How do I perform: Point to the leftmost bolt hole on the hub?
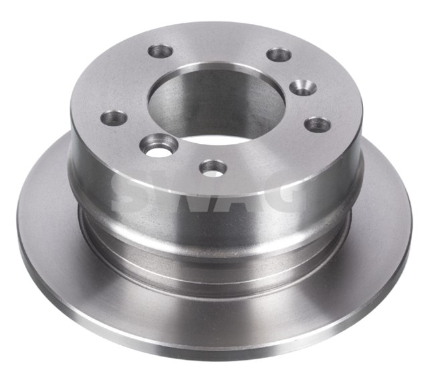114,118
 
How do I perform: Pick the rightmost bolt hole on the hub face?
318,124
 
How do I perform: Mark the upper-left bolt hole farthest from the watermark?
160,50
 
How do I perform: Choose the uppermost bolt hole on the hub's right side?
279,54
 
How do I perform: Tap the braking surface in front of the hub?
214,314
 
